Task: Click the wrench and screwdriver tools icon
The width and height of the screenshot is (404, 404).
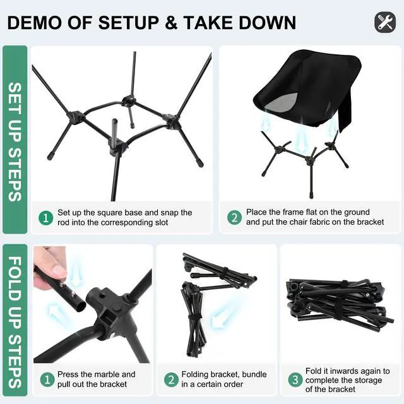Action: [385, 22]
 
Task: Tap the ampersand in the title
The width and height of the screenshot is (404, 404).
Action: [171, 23]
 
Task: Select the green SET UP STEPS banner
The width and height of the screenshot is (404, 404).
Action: [15, 140]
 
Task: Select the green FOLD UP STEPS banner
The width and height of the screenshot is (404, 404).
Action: [15, 320]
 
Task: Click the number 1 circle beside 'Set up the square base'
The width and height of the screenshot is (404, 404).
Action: [46, 218]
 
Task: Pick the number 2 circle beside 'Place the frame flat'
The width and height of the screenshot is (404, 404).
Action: [234, 218]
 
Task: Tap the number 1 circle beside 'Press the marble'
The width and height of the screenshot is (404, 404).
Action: [47, 379]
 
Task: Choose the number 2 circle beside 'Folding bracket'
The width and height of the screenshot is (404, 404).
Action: [171, 379]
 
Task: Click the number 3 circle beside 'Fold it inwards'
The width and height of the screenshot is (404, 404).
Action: [295, 379]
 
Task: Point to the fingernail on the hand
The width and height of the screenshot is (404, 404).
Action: [59, 271]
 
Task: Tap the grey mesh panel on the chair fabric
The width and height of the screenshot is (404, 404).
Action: [282, 102]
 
